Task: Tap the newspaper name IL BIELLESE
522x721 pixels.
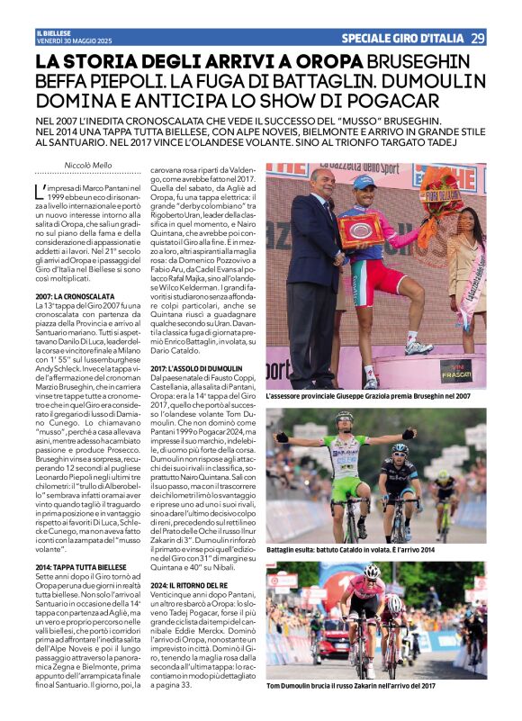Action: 53,33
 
